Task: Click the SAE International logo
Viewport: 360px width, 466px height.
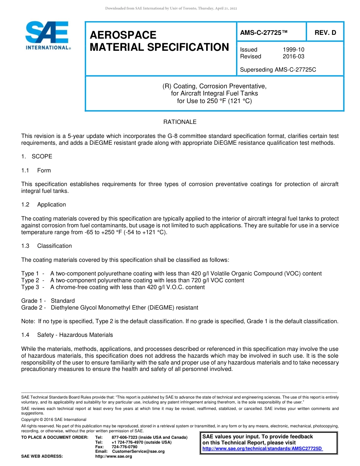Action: [x=47, y=35]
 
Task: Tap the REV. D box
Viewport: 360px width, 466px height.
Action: [x=325, y=33]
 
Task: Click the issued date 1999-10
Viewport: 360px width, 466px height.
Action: [x=293, y=50]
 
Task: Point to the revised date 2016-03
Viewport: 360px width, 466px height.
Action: [x=293, y=56]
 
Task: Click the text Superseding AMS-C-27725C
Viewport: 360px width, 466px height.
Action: [x=278, y=70]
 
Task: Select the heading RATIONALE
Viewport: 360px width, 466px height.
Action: [x=180, y=122]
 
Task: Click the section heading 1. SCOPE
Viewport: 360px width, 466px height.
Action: [x=37, y=156]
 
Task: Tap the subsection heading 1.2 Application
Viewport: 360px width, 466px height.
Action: [x=44, y=205]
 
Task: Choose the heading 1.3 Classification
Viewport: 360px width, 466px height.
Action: [x=47, y=246]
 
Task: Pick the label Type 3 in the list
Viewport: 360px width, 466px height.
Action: [x=30, y=287]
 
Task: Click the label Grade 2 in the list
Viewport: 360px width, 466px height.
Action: [x=31, y=308]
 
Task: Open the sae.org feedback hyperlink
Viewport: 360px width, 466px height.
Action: [x=262, y=449]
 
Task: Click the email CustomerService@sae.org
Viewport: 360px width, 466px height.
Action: [x=138, y=452]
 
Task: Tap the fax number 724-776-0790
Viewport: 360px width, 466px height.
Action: [x=124, y=447]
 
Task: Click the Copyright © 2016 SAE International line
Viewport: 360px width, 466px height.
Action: [x=54, y=420]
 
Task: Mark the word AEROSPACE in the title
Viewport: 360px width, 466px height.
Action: [x=123, y=35]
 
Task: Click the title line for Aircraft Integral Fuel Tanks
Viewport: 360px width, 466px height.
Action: [x=214, y=94]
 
